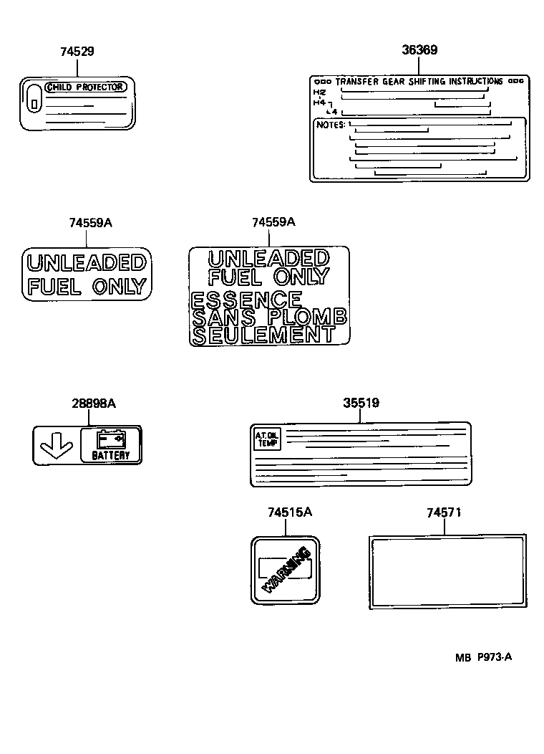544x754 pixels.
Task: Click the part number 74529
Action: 77,52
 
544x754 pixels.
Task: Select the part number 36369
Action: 419,50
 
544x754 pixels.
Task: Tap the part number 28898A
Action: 93,404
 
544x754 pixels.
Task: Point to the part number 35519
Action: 361,404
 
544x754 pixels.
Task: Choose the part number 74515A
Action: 290,512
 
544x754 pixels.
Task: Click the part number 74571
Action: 444,512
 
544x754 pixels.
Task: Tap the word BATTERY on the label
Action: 111,455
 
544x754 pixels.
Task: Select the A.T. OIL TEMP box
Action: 267,438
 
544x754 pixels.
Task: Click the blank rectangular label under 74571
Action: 447,571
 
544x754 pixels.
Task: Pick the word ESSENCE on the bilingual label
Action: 247,300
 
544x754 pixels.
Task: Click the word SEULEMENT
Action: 263,334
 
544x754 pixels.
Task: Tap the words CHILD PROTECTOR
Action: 87,87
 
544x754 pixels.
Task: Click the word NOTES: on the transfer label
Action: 330,125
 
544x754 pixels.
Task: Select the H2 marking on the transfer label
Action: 319,92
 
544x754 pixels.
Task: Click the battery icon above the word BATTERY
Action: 111,438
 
